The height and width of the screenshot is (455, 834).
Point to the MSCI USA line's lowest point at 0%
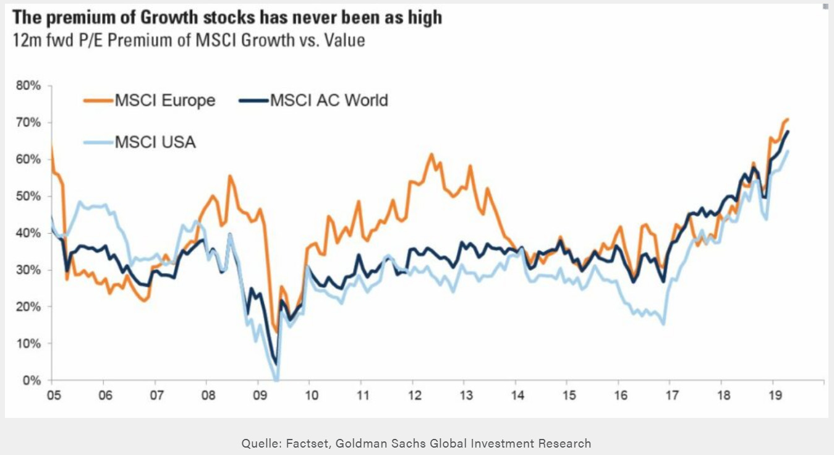276,380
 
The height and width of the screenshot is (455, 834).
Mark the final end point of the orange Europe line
788,119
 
